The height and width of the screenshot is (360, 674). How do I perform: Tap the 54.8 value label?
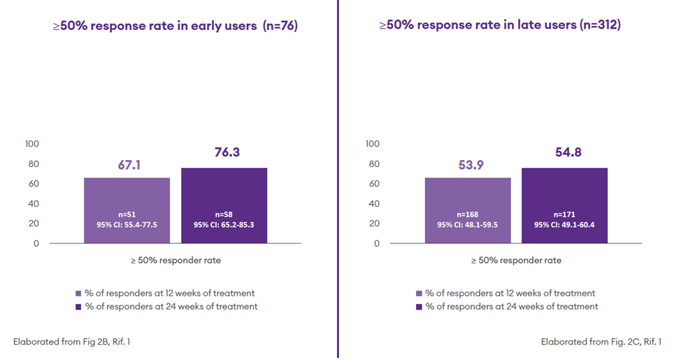564,152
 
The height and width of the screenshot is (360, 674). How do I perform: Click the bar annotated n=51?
127,210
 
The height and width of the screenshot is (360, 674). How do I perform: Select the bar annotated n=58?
224,206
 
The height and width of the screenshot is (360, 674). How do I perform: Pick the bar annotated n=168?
467,210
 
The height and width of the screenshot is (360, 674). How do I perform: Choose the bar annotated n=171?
564,206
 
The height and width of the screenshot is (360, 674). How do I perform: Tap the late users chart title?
500,26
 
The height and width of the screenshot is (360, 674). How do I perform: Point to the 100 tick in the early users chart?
32,144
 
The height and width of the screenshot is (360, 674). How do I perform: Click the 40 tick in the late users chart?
375,203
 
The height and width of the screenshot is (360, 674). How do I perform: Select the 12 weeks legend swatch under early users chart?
78,294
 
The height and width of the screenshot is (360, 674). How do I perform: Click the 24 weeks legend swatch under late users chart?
419,307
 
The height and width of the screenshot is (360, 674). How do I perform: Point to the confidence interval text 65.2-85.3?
224,225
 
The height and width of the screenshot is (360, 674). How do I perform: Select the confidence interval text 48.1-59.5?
467,225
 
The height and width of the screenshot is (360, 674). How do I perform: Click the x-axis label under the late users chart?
515,261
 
